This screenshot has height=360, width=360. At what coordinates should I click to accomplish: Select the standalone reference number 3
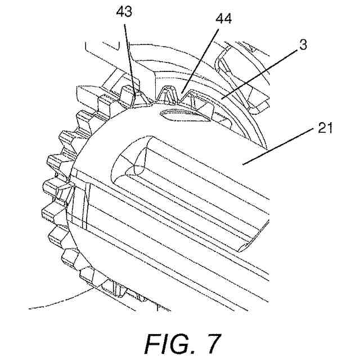pyautogui.click(x=303, y=46)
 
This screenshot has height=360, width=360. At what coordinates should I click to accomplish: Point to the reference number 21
pyautogui.click(x=325, y=128)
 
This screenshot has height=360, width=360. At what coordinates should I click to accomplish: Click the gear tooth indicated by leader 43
pyautogui.click(x=136, y=96)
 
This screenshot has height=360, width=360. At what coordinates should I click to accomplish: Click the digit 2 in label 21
pyautogui.click(x=321, y=128)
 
